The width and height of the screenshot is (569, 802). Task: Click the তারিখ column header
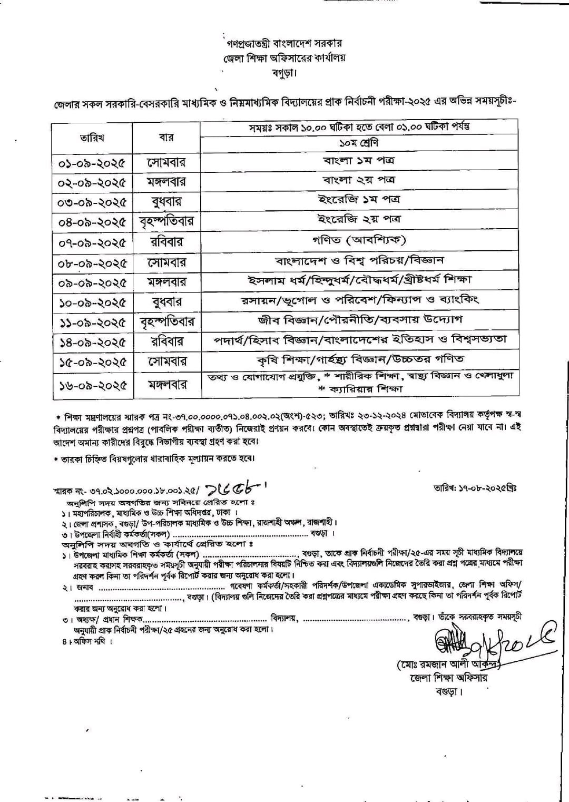point(92,138)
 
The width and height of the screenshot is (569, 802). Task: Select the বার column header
point(166,138)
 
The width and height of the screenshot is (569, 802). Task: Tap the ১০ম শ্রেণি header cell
point(359,143)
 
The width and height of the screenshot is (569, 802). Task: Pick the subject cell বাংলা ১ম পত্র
point(359,160)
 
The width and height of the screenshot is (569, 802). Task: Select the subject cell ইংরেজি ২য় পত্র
point(359,219)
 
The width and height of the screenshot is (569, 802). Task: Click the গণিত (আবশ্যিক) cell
point(359,240)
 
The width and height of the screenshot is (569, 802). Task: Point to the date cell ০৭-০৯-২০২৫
point(92,243)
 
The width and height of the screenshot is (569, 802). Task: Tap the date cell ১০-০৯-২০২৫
point(92,302)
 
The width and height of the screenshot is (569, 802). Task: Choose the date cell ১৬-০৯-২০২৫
point(92,385)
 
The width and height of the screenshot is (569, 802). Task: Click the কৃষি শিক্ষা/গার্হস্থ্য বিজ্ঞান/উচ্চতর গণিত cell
point(359,359)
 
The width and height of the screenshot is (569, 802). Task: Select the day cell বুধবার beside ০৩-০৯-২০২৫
point(166,202)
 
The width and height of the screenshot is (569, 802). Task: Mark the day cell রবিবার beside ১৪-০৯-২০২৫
point(166,341)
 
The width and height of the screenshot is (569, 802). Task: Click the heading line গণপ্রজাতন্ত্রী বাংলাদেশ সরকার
point(284,44)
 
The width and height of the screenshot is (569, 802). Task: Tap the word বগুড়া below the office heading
point(284,72)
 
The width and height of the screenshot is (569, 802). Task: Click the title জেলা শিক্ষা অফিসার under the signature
point(448,678)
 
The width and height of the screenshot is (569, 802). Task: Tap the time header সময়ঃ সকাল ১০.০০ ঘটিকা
point(359,127)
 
